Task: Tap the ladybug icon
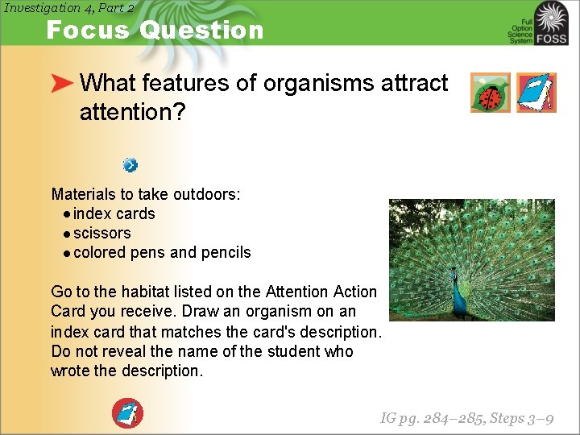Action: click(490, 93)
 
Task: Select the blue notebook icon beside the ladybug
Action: click(536, 93)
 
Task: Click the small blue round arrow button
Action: click(130, 165)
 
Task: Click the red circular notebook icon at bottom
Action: click(126, 413)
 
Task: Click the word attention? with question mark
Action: click(132, 112)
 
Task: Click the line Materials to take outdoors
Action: click(146, 194)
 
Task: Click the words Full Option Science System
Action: click(520, 31)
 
